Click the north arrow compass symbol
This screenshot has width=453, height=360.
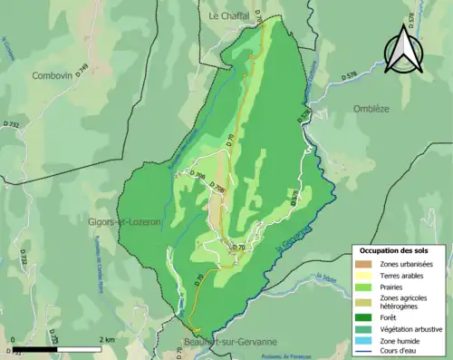[403, 48]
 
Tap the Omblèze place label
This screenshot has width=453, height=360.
[364, 109]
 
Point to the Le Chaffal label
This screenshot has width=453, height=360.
[229, 15]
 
